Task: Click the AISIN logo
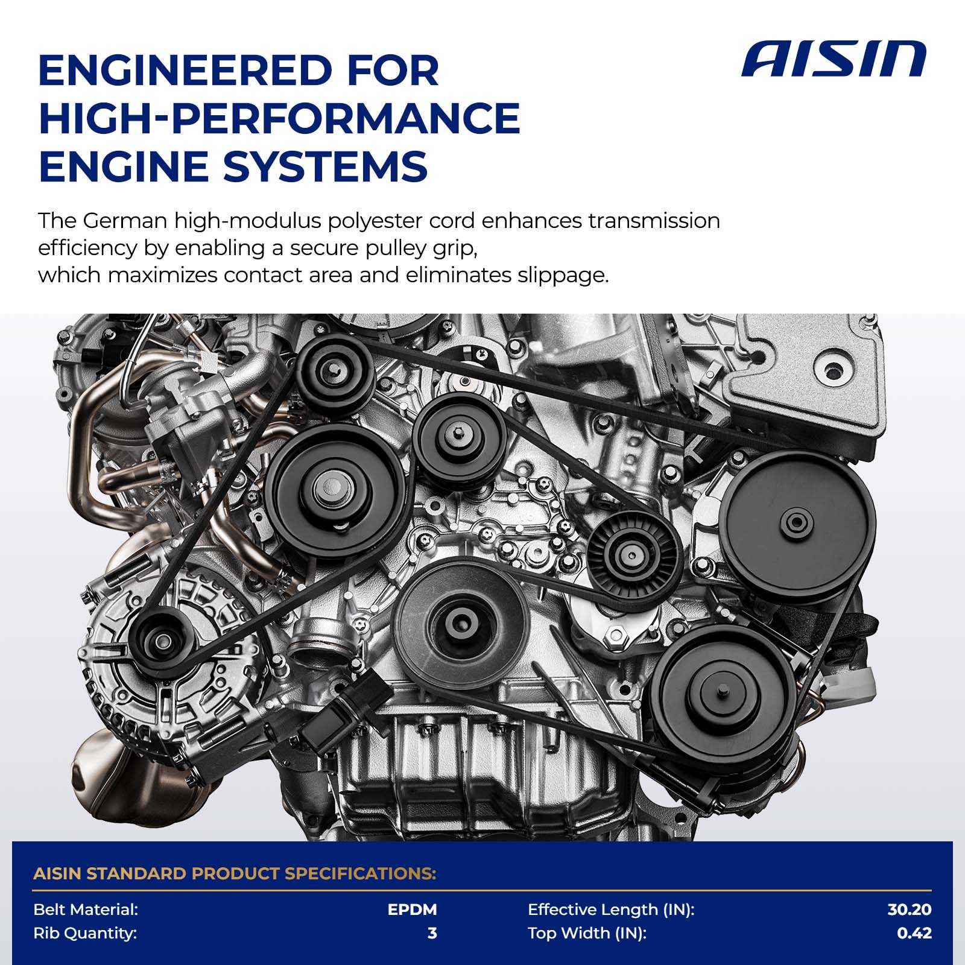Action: click(x=834, y=60)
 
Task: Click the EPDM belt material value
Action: click(x=412, y=910)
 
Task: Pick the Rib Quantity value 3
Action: click(x=432, y=934)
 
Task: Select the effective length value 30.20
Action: click(x=910, y=910)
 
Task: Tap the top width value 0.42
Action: click(x=914, y=934)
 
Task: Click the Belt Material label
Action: click(x=86, y=910)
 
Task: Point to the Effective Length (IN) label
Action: click(x=611, y=910)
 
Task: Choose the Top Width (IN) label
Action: click(x=587, y=934)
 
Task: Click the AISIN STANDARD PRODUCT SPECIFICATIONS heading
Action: click(x=235, y=873)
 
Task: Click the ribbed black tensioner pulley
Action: click(x=631, y=555)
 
